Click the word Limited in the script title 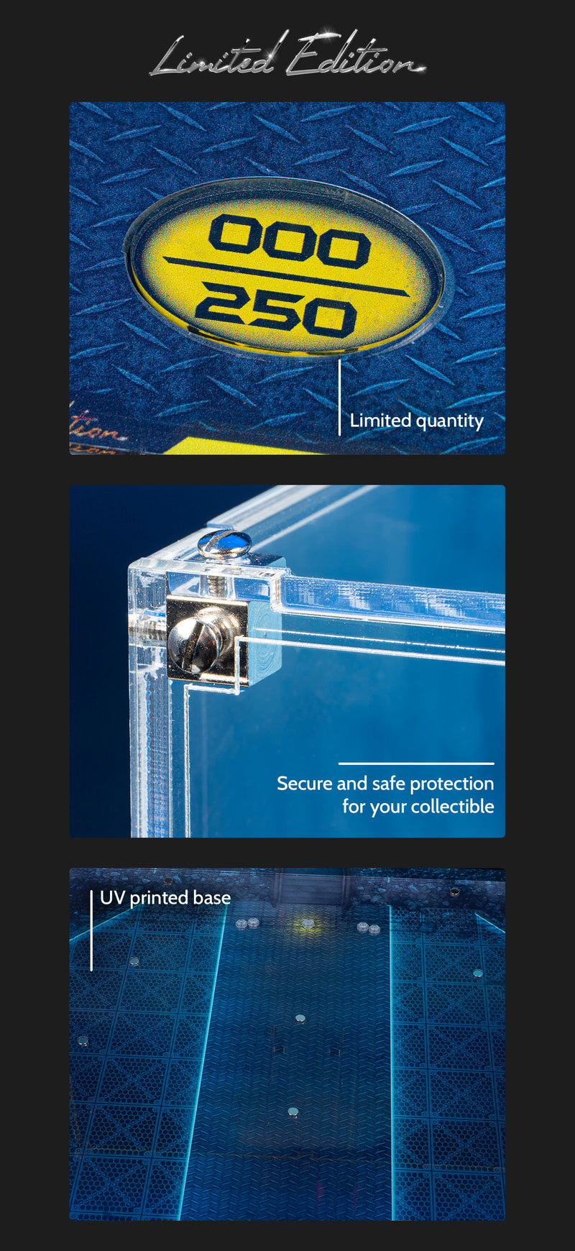[213, 56]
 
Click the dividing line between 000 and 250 [286, 276]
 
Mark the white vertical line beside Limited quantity [339, 397]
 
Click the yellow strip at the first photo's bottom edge [216, 446]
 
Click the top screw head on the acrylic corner [224, 543]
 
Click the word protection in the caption [451, 784]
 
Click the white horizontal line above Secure [416, 764]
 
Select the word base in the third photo [211, 898]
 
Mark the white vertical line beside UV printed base [91, 930]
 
